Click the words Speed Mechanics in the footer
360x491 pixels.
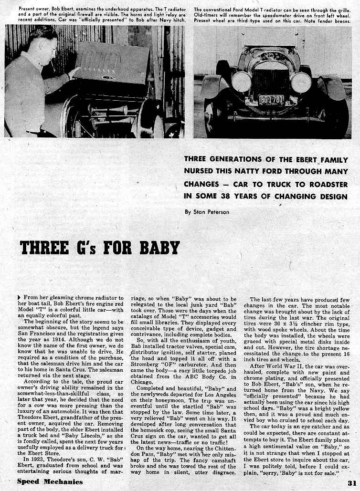coord(50,481)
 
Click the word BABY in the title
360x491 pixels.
coord(159,248)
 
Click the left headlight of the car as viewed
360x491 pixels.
coord(242,82)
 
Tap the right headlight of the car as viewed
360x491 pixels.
coord(301,82)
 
